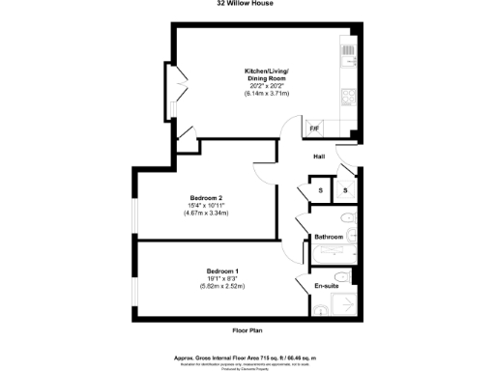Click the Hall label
[x=318, y=157]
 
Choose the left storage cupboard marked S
[x=320, y=189]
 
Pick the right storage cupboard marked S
[x=346, y=189]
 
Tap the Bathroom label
[x=329, y=237]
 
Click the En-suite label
[x=326, y=285]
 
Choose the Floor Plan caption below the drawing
[x=247, y=330]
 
